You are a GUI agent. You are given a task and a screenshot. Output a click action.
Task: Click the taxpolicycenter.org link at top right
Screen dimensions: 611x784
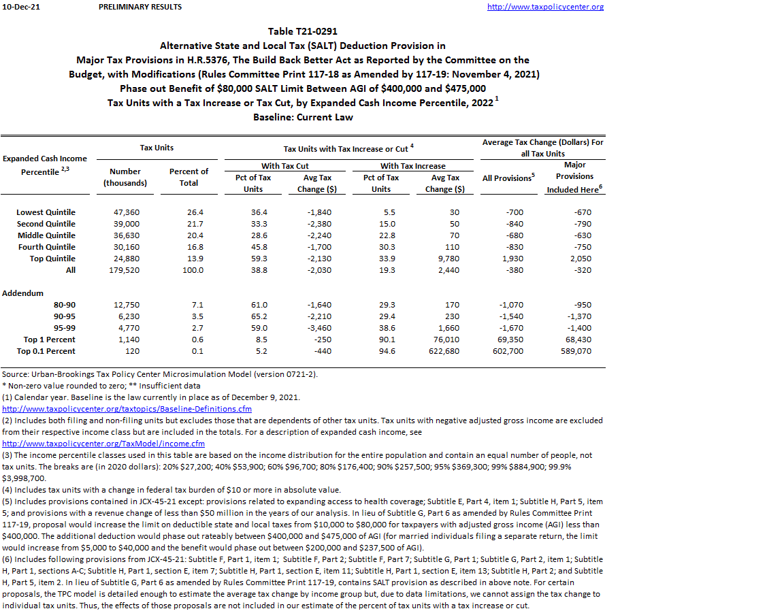tap(545, 7)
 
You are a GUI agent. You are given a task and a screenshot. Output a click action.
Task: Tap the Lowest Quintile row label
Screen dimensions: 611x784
tap(46, 212)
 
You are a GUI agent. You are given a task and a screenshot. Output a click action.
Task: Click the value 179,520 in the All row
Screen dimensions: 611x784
tap(125, 270)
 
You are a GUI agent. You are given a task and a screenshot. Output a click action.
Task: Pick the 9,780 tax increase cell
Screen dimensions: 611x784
tap(448, 259)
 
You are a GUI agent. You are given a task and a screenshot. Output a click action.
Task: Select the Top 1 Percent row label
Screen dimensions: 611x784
tap(50, 340)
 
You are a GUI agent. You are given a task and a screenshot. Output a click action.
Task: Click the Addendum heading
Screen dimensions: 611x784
tap(22, 293)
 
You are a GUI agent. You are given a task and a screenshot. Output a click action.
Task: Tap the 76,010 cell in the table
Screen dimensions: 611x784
tap(446, 340)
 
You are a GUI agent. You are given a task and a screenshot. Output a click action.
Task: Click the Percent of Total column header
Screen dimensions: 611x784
tap(189, 177)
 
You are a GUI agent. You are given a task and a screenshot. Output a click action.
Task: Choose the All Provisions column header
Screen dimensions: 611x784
tap(506, 178)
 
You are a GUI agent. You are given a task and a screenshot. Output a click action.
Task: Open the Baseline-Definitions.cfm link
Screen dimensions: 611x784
tap(127, 409)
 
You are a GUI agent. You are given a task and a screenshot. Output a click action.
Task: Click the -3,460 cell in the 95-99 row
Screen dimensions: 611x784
tap(315, 328)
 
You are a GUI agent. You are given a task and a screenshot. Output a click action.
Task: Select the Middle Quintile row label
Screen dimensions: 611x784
tap(46, 235)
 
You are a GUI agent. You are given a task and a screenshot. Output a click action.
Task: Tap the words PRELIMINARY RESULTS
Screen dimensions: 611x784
tap(140, 7)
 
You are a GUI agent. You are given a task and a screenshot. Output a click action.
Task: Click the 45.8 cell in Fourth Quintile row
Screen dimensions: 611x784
tap(252, 247)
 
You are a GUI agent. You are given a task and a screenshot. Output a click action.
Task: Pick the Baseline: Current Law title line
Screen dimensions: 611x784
tap(303, 117)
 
